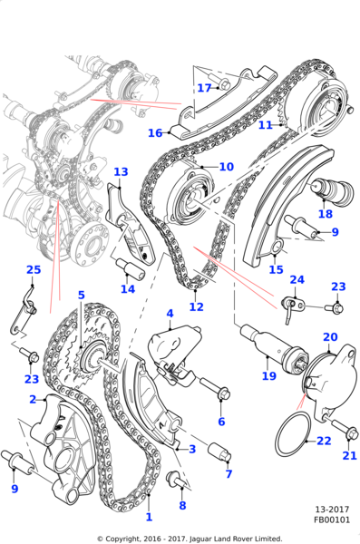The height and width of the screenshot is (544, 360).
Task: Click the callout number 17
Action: pyautogui.click(x=204, y=88)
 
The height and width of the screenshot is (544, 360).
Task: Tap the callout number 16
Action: pyautogui.click(x=155, y=133)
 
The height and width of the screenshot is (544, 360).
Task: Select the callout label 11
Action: pyautogui.click(x=265, y=125)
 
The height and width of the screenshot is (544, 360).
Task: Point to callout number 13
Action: pyautogui.click(x=121, y=171)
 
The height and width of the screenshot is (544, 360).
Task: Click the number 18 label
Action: pyautogui.click(x=326, y=215)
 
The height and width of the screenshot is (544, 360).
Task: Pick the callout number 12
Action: pyautogui.click(x=196, y=306)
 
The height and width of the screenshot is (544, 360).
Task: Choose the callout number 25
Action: pyautogui.click(x=34, y=270)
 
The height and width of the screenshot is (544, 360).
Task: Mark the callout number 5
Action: pyautogui.click(x=81, y=296)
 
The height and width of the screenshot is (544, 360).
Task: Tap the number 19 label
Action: pyautogui.click(x=268, y=376)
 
